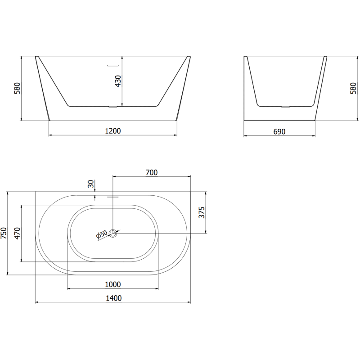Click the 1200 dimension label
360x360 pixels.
click(113, 131)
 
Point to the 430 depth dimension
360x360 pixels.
click(118, 81)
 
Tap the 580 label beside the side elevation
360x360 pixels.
click(353, 88)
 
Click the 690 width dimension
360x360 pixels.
click(279, 131)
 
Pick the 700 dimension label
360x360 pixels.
click(152, 172)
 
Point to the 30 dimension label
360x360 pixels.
click(91, 184)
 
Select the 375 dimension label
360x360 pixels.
click(202, 212)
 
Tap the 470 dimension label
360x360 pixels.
click(18, 233)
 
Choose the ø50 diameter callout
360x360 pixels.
click(101, 234)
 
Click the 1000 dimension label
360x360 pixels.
click(112, 284)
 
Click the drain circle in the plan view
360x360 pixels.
click(113, 233)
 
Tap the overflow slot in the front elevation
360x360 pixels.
click(112, 66)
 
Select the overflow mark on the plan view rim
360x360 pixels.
click(112, 196)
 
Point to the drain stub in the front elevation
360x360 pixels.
click(112, 107)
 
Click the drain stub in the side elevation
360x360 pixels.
click(284, 107)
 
